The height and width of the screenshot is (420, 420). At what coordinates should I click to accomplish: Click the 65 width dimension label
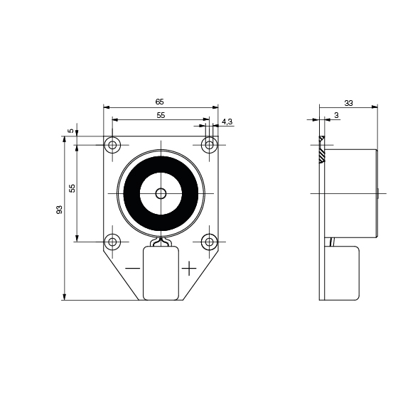tap(159, 102)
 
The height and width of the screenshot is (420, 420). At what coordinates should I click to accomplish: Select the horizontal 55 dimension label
tap(161, 115)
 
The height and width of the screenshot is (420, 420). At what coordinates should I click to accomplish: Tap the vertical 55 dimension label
tap(72, 188)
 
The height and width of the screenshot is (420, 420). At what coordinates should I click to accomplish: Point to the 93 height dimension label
tap(59, 210)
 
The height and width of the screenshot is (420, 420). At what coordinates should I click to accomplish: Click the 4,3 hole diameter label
tap(227, 122)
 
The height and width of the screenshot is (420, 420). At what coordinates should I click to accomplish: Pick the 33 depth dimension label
tap(348, 103)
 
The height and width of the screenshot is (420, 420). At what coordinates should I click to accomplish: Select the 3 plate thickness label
tap(336, 115)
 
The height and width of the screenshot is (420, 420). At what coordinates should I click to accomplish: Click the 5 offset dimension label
tap(70, 131)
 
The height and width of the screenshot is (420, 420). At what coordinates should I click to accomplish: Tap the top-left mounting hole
tap(112, 145)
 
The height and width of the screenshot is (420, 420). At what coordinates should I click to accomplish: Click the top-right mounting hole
tap(209, 145)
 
